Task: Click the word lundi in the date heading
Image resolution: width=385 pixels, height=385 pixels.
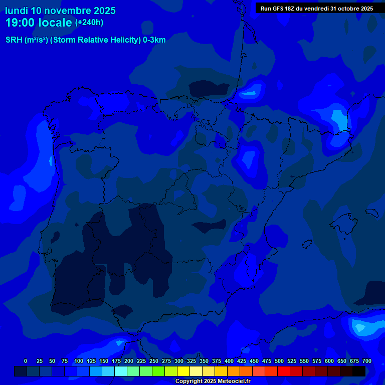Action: [17, 11]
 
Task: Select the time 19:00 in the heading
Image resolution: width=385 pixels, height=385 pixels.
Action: [21, 23]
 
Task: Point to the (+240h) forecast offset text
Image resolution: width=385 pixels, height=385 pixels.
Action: [89, 23]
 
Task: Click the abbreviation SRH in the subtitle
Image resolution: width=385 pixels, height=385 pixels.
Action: [14, 40]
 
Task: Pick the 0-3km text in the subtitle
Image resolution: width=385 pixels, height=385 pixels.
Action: [154, 40]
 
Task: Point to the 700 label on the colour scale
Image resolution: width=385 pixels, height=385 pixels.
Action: [366, 361]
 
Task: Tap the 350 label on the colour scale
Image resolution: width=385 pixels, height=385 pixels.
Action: [204, 361]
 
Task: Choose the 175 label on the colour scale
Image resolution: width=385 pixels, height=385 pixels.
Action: [116, 361]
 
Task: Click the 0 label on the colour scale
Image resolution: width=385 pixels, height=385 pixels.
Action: [26, 361]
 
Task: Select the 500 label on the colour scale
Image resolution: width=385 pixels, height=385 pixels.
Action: [279, 361]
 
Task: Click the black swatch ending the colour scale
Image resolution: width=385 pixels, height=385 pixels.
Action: [359, 371]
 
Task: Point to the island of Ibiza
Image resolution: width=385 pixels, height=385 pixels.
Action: [307, 244]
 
